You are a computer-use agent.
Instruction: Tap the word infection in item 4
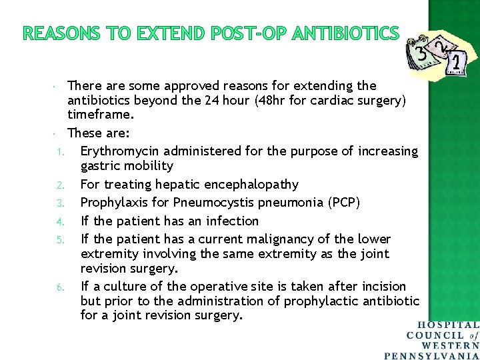[230, 221]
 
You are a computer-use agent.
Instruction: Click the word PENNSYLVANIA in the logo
[433, 355]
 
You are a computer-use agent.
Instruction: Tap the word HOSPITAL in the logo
[449, 325]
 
